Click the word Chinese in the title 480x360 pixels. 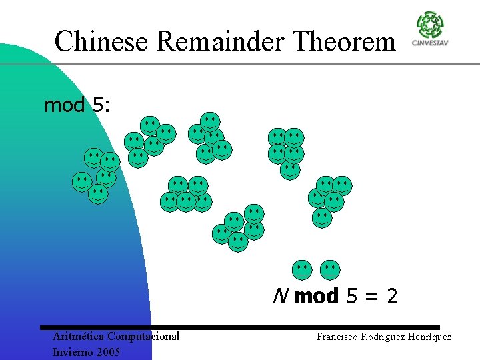[x=102, y=41]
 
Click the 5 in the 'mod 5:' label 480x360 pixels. [x=97, y=105]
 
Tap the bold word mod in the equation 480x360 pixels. [x=316, y=296]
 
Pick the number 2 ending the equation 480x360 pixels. [x=391, y=296]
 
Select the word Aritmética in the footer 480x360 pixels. [x=78, y=336]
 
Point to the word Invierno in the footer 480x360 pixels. [x=73, y=351]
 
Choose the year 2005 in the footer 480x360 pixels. [x=107, y=351]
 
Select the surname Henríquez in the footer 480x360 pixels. [x=430, y=337]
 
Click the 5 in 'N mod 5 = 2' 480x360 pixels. [x=352, y=296]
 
